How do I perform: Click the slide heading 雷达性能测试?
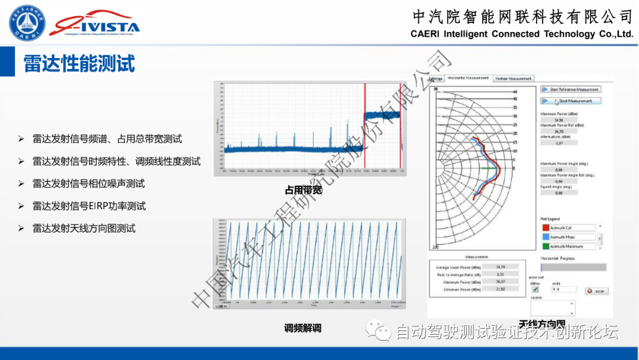pyautogui.click(x=79, y=63)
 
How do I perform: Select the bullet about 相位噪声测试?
pyautogui.click(x=89, y=184)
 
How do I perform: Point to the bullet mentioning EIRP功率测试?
pyautogui.click(x=89, y=206)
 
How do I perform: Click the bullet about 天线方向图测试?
pyautogui.click(x=84, y=228)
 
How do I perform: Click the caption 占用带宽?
pyautogui.click(x=303, y=191)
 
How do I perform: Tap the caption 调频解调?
pyautogui.click(x=302, y=327)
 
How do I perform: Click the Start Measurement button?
pyautogui.click(x=571, y=101)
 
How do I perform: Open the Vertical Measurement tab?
pyautogui.click(x=514, y=78)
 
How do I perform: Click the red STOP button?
pyautogui.click(x=596, y=291)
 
